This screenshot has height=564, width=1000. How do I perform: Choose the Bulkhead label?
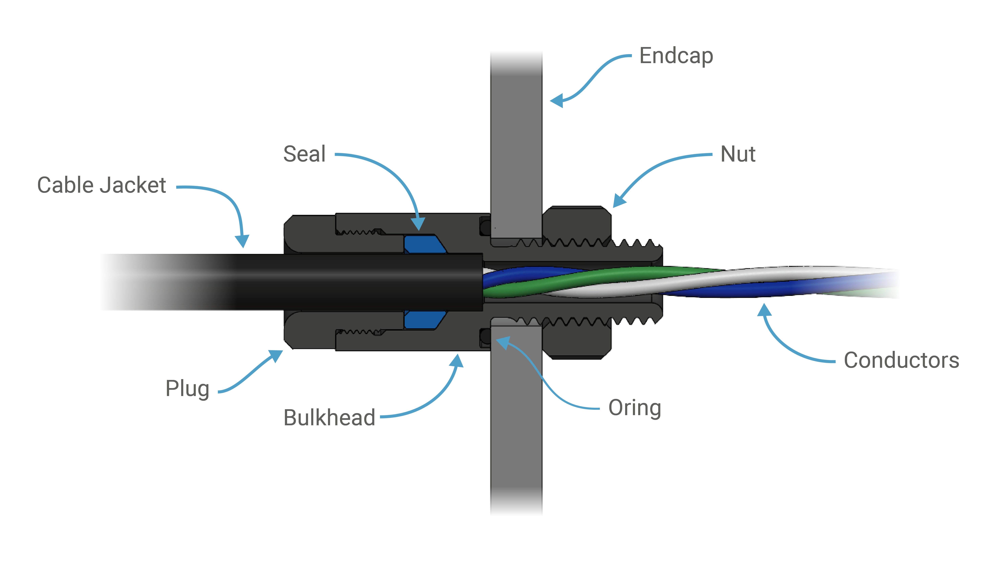[329, 418]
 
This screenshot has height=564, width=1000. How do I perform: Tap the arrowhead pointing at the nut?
[619, 200]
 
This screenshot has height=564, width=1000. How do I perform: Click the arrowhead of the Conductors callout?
[764, 310]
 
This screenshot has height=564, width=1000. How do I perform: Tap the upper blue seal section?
[424, 244]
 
